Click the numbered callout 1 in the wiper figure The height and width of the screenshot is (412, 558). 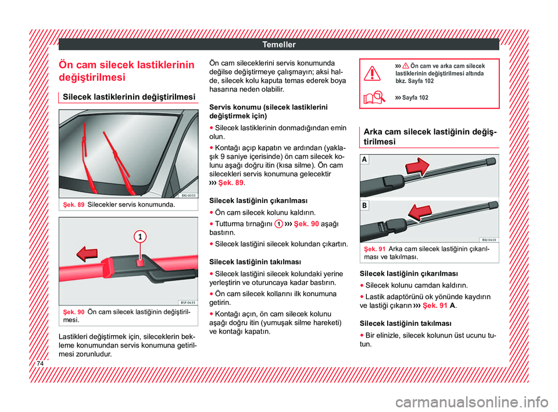click(140, 236)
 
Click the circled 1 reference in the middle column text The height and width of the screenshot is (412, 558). click(278, 225)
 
